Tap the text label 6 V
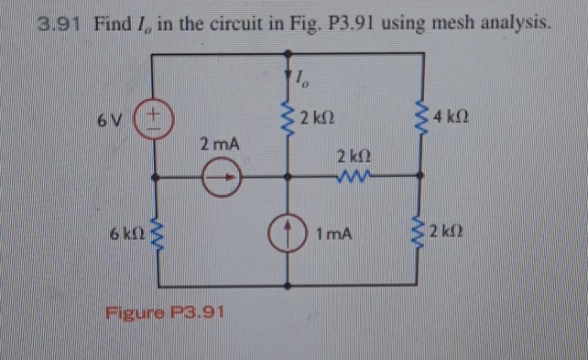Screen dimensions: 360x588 pos(112,119)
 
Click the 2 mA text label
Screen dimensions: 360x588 pos(220,144)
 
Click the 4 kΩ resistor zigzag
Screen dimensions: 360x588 pos(422,118)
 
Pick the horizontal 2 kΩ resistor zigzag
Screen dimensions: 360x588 pos(353,175)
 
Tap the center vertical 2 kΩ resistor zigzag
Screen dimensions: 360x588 pos(289,119)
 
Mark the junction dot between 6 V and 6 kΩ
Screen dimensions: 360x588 pos(152,176)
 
